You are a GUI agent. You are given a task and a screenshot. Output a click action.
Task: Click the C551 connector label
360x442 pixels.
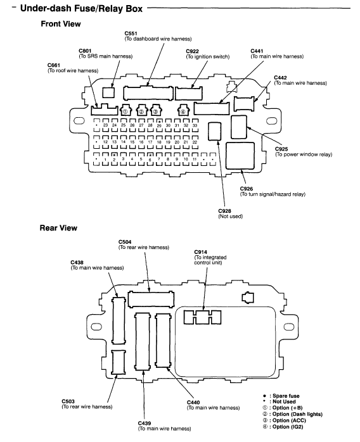click(x=158, y=36)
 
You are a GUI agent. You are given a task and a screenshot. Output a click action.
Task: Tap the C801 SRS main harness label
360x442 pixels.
click(x=105, y=54)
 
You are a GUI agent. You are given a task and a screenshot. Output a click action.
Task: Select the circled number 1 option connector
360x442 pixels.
click(x=125, y=110)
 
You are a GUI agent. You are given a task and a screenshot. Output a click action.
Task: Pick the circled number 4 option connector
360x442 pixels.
click(x=183, y=110)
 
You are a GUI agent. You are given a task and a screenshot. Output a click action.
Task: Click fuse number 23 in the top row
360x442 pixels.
click(x=105, y=125)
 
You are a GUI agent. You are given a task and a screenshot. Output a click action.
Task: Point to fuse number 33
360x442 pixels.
click(x=195, y=125)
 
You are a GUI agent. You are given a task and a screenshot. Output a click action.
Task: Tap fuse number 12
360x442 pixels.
click(x=105, y=142)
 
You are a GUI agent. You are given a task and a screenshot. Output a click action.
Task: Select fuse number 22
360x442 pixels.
click(x=195, y=142)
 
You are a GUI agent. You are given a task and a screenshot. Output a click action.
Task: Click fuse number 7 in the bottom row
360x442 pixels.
click(x=159, y=160)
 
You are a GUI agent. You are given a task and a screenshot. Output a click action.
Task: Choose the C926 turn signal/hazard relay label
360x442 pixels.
click(x=273, y=191)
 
